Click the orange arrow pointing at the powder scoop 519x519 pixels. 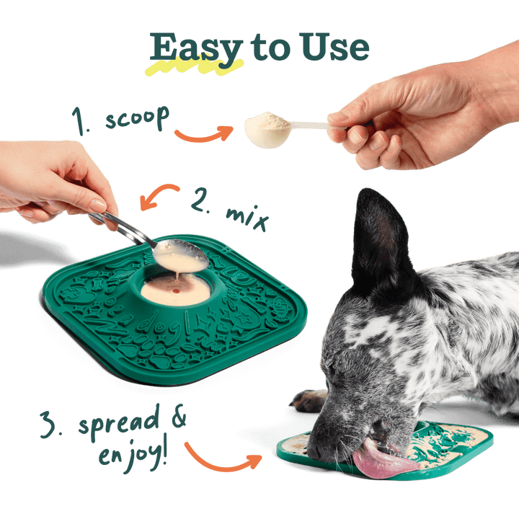click(203, 134)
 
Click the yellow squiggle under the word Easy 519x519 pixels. click(192, 68)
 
